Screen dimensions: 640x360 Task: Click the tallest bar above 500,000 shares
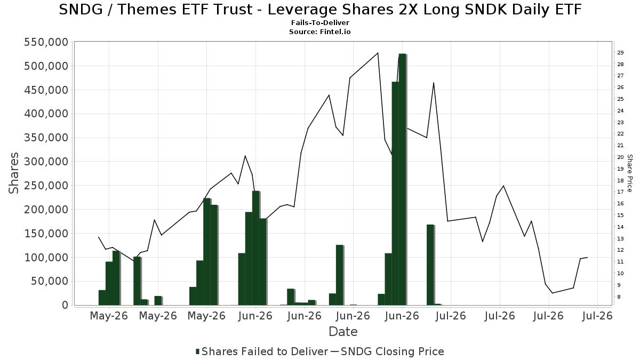[x=402, y=179]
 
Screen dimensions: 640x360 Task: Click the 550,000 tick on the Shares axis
[x=46, y=42]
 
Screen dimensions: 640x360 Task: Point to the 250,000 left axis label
[x=46, y=186]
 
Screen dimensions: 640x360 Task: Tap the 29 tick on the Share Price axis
[x=620, y=53]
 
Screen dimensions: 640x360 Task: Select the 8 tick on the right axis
[x=619, y=297]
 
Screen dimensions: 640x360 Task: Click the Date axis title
[x=343, y=332]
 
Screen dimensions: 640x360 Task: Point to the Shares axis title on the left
[x=13, y=173]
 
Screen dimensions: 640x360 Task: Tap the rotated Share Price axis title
[x=629, y=173]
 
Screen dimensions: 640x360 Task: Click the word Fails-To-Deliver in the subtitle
[x=320, y=22]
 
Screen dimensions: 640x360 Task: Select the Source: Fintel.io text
[x=320, y=31]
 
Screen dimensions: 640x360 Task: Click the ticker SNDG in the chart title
[x=81, y=10]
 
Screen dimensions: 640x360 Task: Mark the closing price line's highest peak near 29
[x=378, y=53]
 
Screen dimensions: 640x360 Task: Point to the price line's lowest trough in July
[x=553, y=293]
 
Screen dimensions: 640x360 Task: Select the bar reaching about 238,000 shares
[x=255, y=248]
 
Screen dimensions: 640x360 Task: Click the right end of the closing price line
[x=587, y=258]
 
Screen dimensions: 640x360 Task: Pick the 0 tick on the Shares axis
[x=65, y=305]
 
